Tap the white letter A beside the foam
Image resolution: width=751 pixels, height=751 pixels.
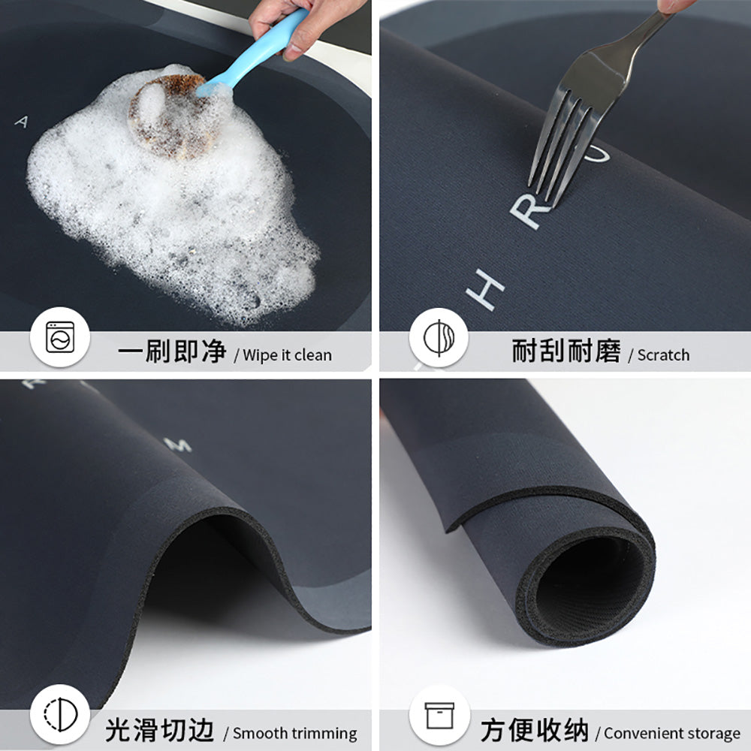tap(21, 122)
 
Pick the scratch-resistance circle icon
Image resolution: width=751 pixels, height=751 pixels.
tap(439, 338)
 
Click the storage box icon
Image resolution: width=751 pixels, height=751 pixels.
tap(439, 715)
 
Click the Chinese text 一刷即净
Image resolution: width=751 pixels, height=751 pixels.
tap(171, 351)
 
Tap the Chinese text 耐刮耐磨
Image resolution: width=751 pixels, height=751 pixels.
tap(566, 351)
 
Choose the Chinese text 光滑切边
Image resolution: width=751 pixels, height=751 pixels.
tap(159, 730)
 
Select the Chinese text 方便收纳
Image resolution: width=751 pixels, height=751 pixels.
tap(535, 730)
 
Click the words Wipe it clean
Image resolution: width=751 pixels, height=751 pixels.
tap(286, 355)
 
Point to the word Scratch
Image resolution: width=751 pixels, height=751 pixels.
tap(662, 355)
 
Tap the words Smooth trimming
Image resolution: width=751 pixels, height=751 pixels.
tap(294, 734)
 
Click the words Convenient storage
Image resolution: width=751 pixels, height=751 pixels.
tap(671, 734)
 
